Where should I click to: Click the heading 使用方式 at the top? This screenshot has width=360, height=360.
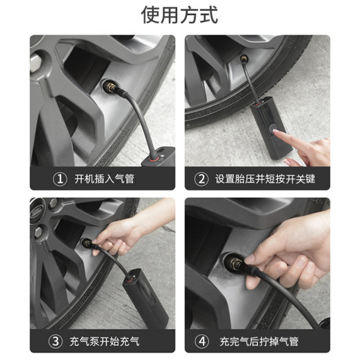click(179, 14)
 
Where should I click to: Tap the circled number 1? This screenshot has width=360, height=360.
click(60, 179)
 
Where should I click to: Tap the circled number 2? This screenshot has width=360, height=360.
click(202, 179)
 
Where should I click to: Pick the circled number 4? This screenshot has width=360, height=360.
click(202, 341)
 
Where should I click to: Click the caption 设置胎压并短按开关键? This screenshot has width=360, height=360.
click(265, 179)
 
